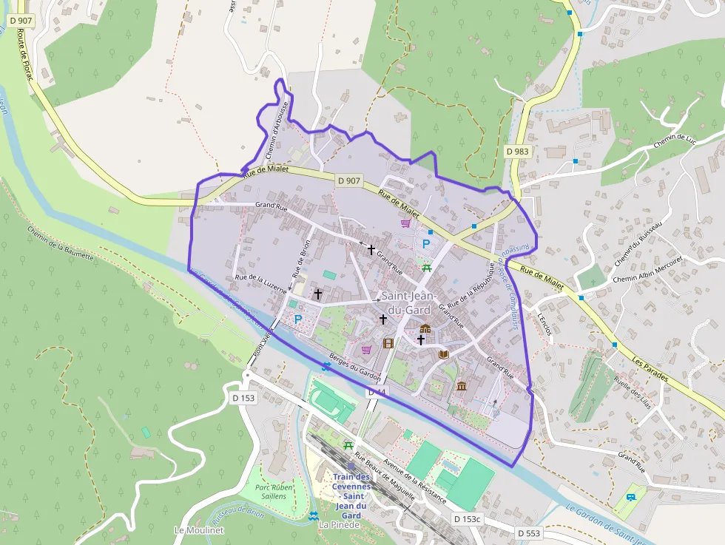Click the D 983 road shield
click(x=518, y=151)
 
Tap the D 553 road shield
click(x=528, y=532)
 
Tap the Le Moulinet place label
click(x=199, y=529)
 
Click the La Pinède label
click(x=340, y=525)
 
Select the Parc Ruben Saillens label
click(x=274, y=492)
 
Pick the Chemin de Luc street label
click(x=675, y=132)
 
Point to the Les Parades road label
click(x=651, y=369)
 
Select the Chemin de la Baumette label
click(x=61, y=243)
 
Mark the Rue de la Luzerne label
click(x=260, y=284)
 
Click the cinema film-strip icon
click(x=388, y=342)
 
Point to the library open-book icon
click(x=444, y=354)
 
